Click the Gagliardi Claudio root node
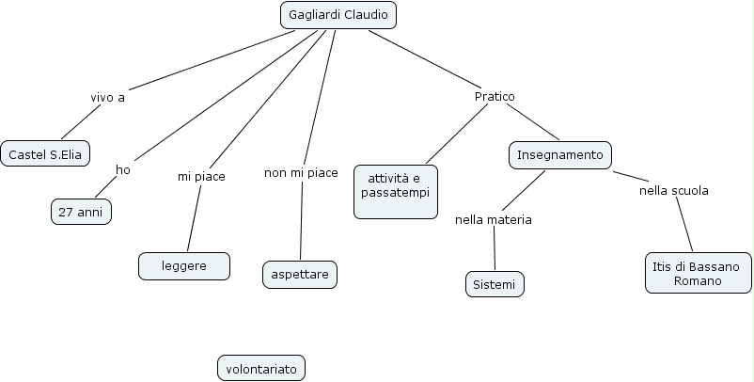tap(338, 15)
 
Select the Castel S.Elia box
tap(45, 153)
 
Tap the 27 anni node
tap(81, 213)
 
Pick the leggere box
tap(184, 266)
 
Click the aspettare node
tap(299, 274)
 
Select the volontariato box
tap(261, 369)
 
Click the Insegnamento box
tap(560, 154)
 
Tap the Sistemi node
tap(495, 284)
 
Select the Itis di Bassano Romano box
tap(699, 273)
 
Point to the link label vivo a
tap(107, 97)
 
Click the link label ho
tap(123, 169)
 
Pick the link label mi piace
tap(201, 176)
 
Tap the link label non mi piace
tap(301, 172)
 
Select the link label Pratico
tap(495, 96)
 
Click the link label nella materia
tap(494, 220)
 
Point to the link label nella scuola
tap(673, 190)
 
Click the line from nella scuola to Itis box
tap(685, 226)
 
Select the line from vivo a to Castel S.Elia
tap(80, 121)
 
